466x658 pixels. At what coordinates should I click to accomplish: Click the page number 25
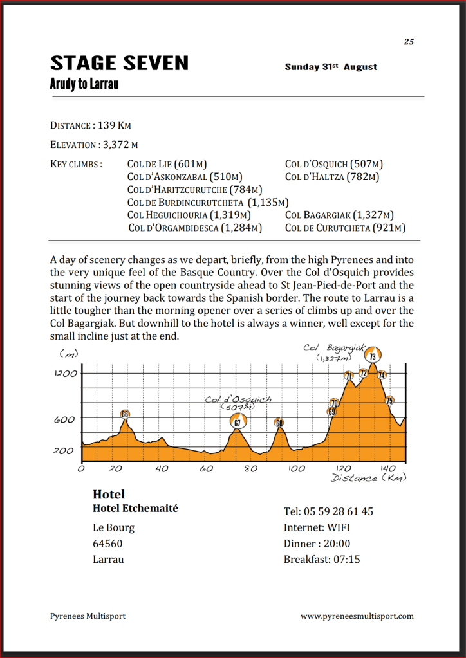[409, 42]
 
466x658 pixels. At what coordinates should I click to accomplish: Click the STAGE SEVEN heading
[119, 63]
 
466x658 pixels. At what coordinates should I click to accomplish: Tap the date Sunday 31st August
[331, 67]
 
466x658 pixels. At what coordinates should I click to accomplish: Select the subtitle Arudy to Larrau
[84, 84]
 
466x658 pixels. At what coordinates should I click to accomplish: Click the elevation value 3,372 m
[120, 145]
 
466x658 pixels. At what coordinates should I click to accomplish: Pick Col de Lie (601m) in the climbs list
[167, 164]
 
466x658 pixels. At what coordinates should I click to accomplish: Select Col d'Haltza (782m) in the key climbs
[332, 177]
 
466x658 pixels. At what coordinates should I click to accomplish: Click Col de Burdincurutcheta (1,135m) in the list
[208, 202]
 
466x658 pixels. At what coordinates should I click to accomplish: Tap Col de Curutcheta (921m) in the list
[345, 228]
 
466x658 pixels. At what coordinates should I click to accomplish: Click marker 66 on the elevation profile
[125, 414]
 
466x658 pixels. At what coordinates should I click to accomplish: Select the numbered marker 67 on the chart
[238, 422]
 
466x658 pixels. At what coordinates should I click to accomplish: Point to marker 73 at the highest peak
[373, 356]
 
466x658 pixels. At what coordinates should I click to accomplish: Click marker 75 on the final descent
[389, 401]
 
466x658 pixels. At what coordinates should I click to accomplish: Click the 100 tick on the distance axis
[296, 469]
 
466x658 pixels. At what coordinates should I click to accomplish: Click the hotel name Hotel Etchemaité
[135, 508]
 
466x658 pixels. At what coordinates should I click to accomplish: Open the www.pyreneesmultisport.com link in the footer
[357, 616]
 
